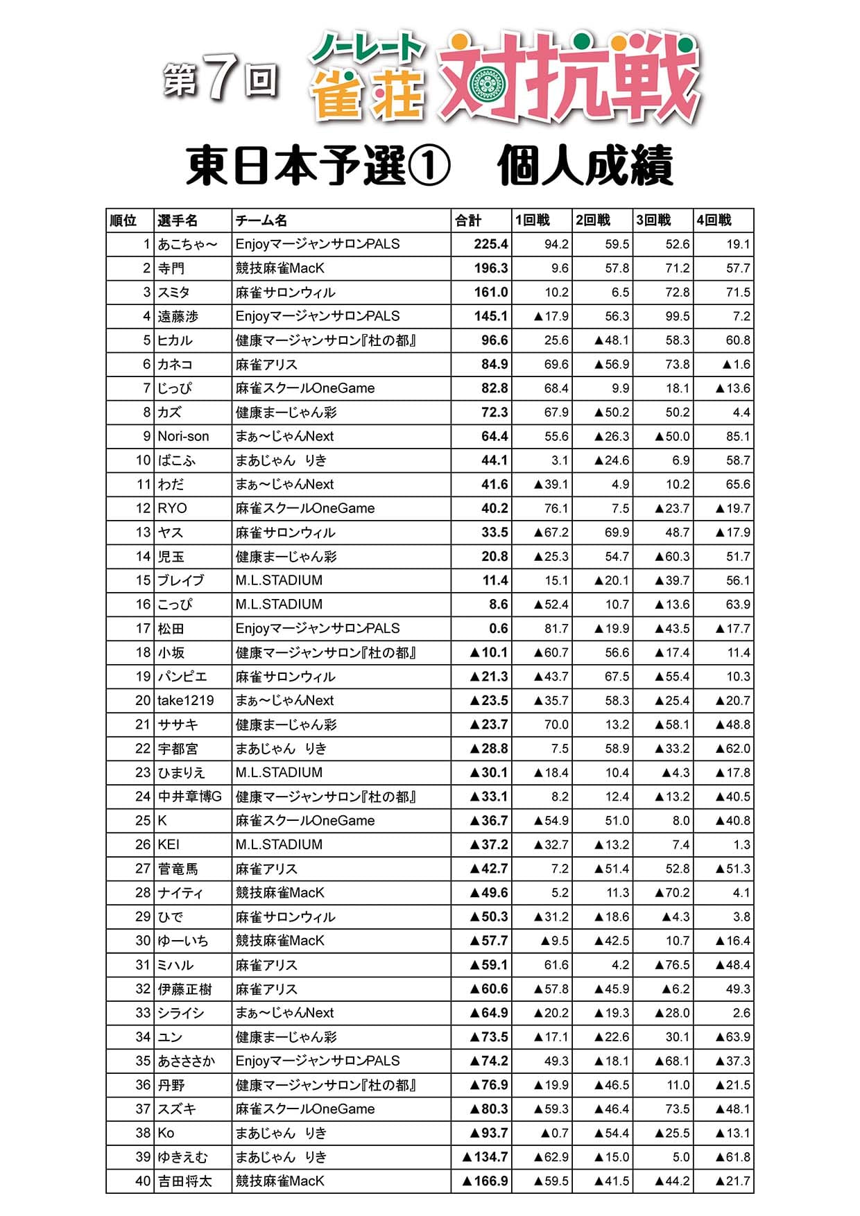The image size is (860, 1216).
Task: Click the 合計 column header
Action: (468, 220)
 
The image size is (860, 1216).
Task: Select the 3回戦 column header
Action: (653, 220)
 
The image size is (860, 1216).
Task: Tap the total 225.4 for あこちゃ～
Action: (491, 244)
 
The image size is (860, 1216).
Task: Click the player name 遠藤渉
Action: (178, 316)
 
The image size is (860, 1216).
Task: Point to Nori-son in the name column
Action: (183, 436)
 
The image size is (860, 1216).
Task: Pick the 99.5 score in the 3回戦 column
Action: (677, 316)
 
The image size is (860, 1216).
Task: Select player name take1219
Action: (186, 700)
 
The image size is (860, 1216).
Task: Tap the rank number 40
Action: (143, 1181)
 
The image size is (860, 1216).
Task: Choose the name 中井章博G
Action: (189, 797)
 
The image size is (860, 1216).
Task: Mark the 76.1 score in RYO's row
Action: (556, 508)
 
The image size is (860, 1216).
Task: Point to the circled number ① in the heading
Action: (430, 166)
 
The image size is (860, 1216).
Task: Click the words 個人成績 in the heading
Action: (585, 166)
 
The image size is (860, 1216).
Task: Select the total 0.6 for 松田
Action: (498, 628)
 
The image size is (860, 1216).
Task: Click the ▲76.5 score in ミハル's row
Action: (673, 964)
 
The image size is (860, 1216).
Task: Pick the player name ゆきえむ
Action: (182, 1156)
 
